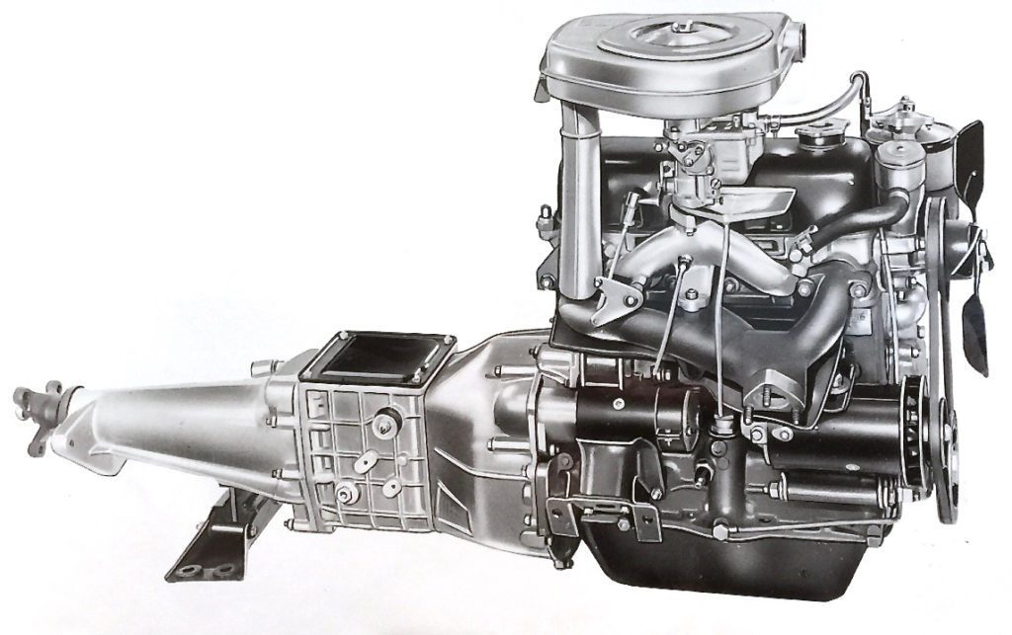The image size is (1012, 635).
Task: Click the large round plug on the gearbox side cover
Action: coord(380,425)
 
